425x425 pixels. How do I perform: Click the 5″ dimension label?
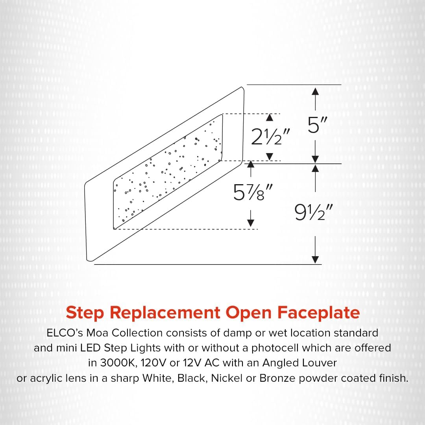click(318, 125)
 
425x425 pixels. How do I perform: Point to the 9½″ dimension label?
click(314, 212)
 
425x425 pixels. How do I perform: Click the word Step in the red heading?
click(85, 313)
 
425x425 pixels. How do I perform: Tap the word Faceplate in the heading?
click(318, 313)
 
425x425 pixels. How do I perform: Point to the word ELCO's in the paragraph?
click(65, 333)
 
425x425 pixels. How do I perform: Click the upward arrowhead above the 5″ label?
click(315, 91)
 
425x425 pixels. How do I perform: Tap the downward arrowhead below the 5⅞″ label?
click(251, 223)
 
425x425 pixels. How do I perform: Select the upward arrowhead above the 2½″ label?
click(270, 117)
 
